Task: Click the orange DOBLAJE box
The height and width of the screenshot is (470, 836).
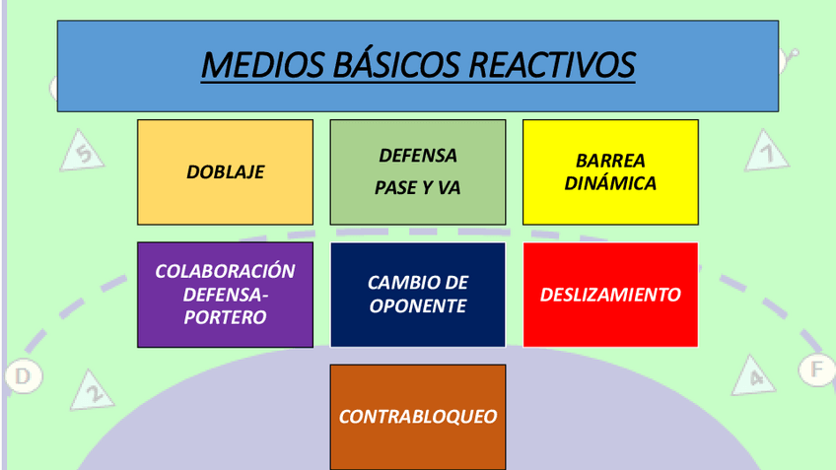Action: [x=225, y=171]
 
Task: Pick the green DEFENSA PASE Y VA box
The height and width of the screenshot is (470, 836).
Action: [x=417, y=171]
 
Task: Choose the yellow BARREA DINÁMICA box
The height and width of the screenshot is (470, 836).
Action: [x=610, y=171]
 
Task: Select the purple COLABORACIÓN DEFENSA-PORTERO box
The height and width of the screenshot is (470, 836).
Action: [x=225, y=295]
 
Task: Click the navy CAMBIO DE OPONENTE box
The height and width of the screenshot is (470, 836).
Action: [x=417, y=295]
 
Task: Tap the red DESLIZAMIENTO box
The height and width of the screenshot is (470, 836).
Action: [x=610, y=295]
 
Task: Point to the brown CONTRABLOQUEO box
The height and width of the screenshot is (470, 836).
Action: [x=417, y=417]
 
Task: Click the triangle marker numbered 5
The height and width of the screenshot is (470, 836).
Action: [x=85, y=154]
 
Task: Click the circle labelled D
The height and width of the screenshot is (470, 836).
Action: [x=22, y=375]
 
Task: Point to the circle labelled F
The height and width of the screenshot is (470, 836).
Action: [x=815, y=370]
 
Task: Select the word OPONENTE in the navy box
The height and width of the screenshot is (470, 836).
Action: [x=417, y=306]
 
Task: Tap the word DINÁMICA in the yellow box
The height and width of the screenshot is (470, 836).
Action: [x=610, y=183]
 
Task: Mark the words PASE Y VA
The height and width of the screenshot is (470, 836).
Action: [x=417, y=187]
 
